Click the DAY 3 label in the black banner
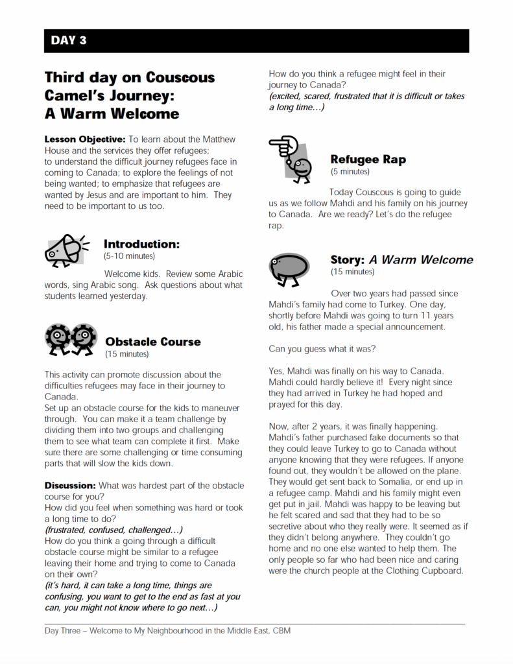coord(69,41)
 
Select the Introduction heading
coord(141,244)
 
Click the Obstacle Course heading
coord(153,342)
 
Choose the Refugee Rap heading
coord(368,160)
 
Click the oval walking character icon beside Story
coord(289,267)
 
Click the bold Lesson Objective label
coord(84,139)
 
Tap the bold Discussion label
coord(70,486)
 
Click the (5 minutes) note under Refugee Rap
coord(350,172)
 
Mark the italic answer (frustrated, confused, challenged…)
coord(113,529)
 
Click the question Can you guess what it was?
coord(322,349)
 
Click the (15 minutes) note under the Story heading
coord(352,272)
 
